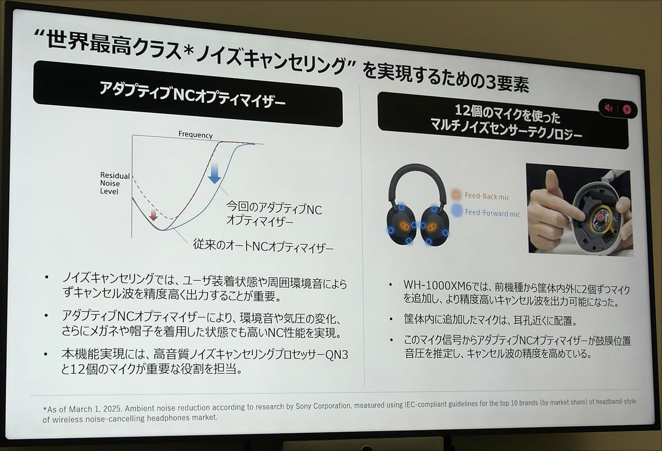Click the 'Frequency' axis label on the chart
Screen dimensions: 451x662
195,135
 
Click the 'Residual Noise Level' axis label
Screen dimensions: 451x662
114,184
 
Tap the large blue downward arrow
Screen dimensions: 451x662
214,173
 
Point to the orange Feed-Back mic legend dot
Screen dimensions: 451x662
456,195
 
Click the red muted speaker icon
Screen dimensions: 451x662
609,108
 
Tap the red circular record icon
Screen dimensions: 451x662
627,109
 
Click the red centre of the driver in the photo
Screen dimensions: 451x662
599,219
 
